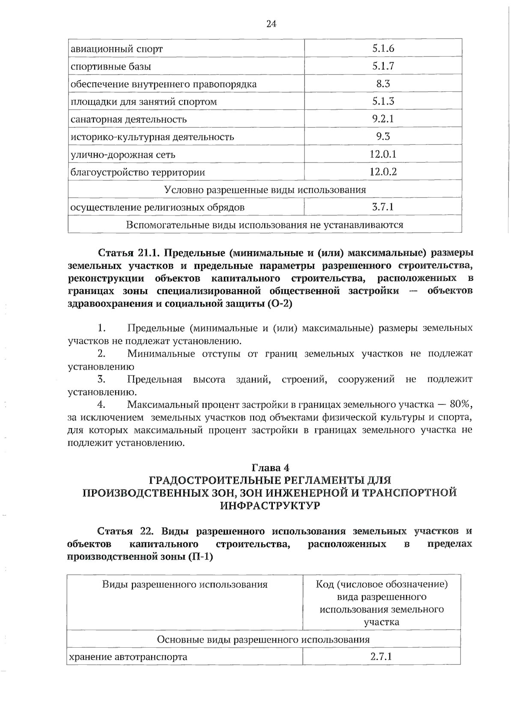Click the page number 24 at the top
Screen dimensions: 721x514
[x=271, y=24]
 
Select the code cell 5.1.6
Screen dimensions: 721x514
[x=383, y=48]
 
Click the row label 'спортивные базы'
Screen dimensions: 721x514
[x=111, y=66]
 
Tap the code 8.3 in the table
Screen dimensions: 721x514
[x=383, y=84]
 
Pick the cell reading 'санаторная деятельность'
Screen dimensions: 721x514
[x=128, y=119]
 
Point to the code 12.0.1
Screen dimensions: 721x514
[x=383, y=154]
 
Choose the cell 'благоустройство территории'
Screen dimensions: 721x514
[x=137, y=172]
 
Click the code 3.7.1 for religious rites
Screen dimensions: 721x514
[x=383, y=207]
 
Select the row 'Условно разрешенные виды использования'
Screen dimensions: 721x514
[x=265, y=189]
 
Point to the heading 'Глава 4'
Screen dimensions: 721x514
[x=270, y=467]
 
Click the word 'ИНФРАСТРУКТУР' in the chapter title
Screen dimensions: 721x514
[x=270, y=505]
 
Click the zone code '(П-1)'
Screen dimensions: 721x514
[x=200, y=557]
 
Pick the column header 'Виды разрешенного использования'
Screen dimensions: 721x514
[x=185, y=585]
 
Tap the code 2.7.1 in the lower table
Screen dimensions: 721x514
[x=381, y=656]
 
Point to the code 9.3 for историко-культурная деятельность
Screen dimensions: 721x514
[x=383, y=137]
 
